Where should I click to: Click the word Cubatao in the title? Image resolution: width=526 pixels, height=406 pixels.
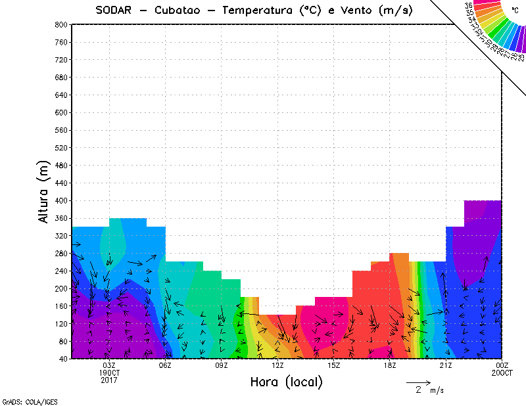click(x=183, y=11)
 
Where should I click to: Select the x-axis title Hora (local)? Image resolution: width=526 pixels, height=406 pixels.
click(x=286, y=382)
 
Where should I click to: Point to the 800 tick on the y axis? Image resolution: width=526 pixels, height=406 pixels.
click(x=62, y=24)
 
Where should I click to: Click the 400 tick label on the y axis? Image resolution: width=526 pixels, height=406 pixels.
click(x=62, y=200)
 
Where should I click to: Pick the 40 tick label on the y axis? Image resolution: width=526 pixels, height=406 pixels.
click(x=64, y=359)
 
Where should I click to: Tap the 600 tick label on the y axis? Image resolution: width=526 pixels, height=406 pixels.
click(x=62, y=112)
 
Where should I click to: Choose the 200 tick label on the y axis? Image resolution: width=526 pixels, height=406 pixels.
click(x=62, y=288)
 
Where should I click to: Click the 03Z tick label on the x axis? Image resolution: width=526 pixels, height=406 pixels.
click(x=109, y=365)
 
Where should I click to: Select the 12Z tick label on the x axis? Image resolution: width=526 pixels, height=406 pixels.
click(x=277, y=365)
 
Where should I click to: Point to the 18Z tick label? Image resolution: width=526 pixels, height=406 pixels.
click(x=390, y=365)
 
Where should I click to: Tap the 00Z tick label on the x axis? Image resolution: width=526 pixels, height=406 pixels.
click(x=502, y=365)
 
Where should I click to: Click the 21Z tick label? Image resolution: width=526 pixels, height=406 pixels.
click(x=446, y=365)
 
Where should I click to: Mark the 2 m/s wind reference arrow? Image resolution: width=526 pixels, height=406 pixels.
click(x=418, y=382)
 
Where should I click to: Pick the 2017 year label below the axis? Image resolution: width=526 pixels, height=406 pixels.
click(x=109, y=380)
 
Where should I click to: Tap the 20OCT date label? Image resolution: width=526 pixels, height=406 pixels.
click(x=502, y=372)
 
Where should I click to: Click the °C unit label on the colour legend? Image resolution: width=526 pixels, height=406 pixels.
click(x=515, y=10)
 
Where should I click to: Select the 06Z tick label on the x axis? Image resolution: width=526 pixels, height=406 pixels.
click(x=165, y=365)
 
